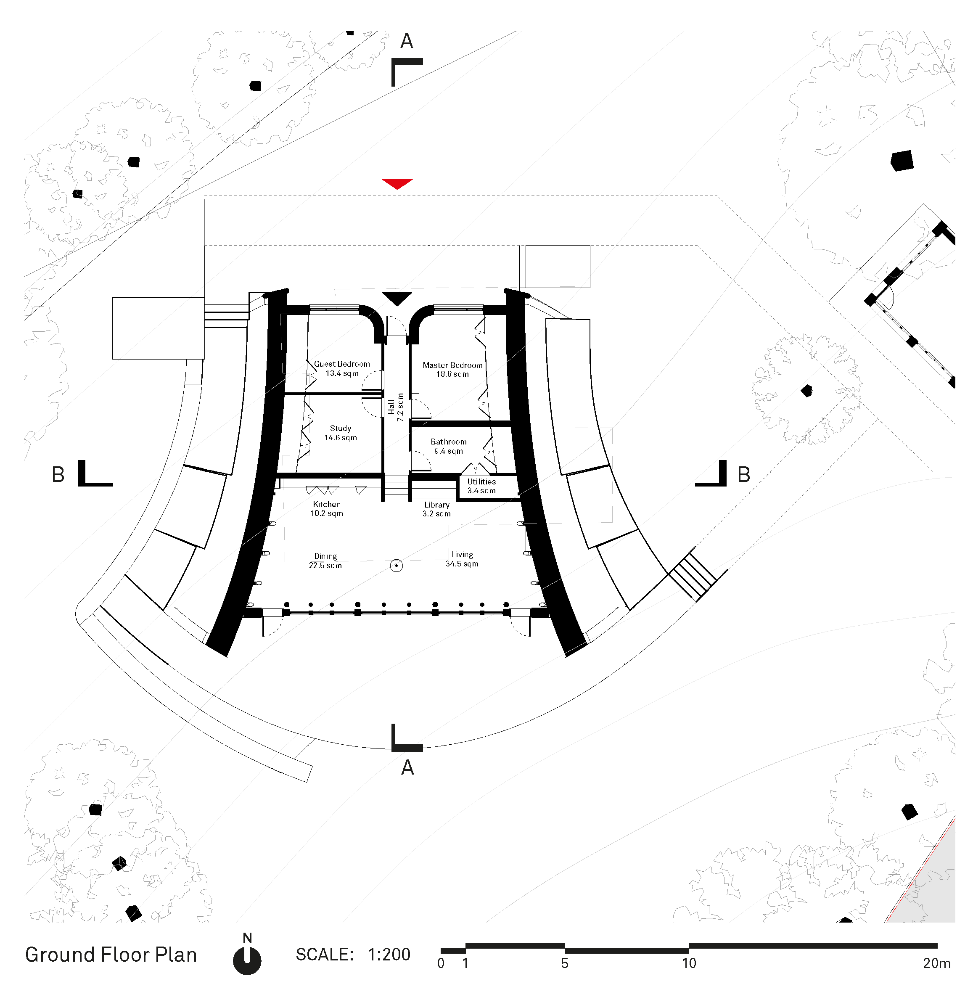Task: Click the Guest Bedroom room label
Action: (x=341, y=368)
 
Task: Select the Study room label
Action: (x=341, y=433)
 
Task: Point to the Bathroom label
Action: (x=449, y=446)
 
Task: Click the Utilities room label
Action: (x=481, y=486)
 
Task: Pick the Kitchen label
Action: (x=327, y=509)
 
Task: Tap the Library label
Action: (x=437, y=509)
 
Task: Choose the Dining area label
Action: (x=325, y=561)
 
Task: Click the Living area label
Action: (x=462, y=559)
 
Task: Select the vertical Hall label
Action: (x=395, y=407)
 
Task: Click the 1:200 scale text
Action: (x=389, y=954)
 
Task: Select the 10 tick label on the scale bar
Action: (x=689, y=963)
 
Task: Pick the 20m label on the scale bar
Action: (x=936, y=963)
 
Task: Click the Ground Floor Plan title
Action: (x=111, y=955)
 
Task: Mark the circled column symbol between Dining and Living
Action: (x=396, y=566)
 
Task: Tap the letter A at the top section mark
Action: (x=407, y=41)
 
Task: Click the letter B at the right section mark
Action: (x=744, y=474)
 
